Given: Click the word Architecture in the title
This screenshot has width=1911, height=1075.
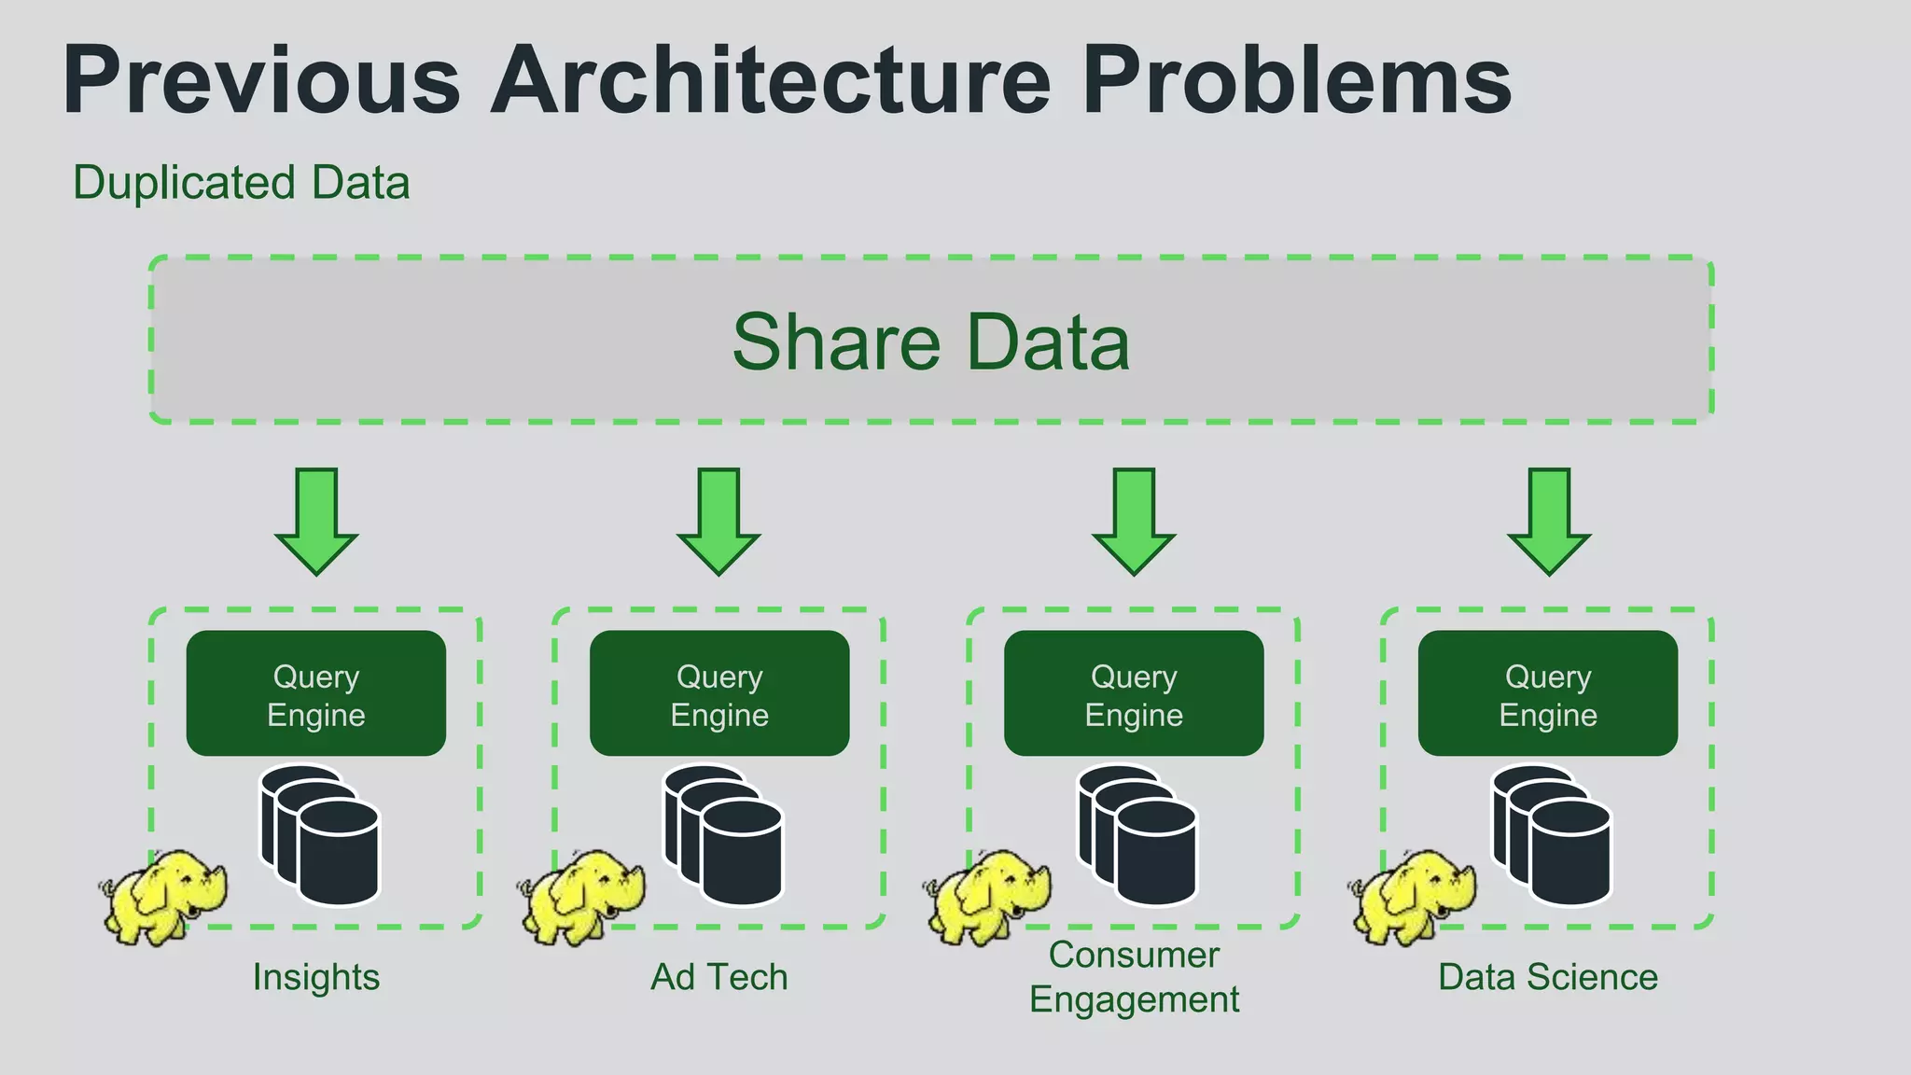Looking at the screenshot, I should [x=771, y=81].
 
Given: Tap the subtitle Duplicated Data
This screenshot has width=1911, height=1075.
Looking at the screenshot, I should [x=241, y=183].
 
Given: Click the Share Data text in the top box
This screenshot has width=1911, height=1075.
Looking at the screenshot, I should [x=930, y=342].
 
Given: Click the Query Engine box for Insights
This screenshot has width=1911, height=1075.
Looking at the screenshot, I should [x=316, y=693].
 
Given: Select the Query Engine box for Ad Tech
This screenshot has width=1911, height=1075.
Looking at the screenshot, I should [x=719, y=693].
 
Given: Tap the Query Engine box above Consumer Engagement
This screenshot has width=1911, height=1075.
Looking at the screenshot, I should [x=1134, y=693].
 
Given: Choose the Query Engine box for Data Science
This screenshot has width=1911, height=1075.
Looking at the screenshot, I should [x=1548, y=693].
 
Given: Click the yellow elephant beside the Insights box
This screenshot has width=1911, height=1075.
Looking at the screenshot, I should [x=164, y=896].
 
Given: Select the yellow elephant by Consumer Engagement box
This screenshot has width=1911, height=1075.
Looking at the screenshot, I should [x=988, y=896].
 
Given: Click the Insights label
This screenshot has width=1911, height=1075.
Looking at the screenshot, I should [x=316, y=977].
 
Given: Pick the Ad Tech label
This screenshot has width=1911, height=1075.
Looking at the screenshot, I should [x=719, y=977].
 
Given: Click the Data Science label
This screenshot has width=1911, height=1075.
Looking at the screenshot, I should [x=1548, y=977].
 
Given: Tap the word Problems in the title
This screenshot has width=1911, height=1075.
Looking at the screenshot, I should [x=1296, y=81].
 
